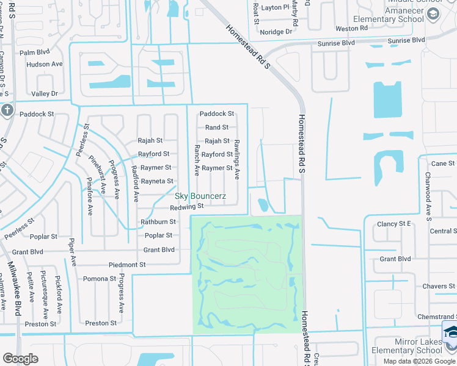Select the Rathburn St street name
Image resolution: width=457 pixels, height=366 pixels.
158,222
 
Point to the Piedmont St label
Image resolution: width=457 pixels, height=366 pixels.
127,265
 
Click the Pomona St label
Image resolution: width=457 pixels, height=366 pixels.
100,279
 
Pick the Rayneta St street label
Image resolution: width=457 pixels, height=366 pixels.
157,181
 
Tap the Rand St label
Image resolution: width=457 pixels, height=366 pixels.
216,127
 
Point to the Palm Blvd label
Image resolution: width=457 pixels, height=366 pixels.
34,53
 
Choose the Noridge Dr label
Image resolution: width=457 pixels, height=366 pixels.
276,32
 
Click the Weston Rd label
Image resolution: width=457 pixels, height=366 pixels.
351,28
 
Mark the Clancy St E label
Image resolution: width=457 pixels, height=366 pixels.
394,224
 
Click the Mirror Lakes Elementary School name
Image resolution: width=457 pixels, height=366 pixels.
406,346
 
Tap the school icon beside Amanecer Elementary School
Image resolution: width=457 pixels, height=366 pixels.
433,14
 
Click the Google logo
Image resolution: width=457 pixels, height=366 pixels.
20,359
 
